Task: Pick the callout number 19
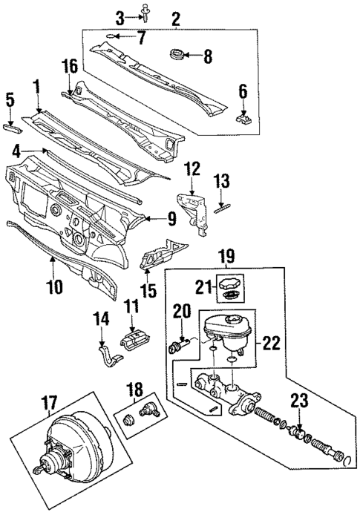[228, 257]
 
